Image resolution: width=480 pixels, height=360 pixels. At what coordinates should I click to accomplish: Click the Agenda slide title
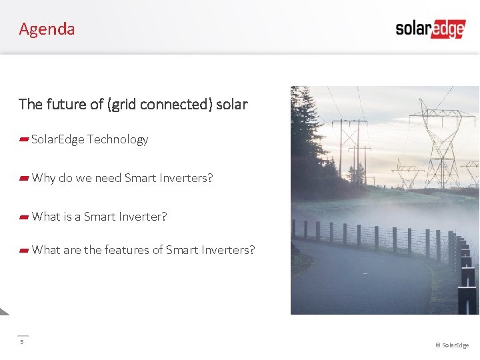point(47,29)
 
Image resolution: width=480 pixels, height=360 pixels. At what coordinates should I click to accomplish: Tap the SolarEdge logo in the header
point(430,29)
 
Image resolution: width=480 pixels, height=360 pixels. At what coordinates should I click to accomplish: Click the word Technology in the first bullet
point(117,139)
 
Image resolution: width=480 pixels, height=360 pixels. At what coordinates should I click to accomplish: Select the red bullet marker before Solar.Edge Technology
point(23,139)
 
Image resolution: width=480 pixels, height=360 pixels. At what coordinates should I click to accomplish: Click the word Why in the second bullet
point(43,178)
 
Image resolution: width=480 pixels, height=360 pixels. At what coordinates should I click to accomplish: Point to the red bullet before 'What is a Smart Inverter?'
point(23,217)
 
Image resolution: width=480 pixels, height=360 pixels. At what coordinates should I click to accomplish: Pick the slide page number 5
point(21,342)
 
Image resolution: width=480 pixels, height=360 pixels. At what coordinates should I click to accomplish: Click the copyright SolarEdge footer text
point(452,345)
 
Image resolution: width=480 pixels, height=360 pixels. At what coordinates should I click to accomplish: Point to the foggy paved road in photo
point(360,280)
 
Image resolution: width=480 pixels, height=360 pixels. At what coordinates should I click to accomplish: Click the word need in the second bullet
point(108,178)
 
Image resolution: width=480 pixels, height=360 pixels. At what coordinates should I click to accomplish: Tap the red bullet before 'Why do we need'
point(23,178)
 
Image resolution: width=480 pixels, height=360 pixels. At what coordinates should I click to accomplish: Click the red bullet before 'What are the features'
point(23,250)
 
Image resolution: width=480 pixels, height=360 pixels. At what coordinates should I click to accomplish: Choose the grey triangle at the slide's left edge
point(3,311)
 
